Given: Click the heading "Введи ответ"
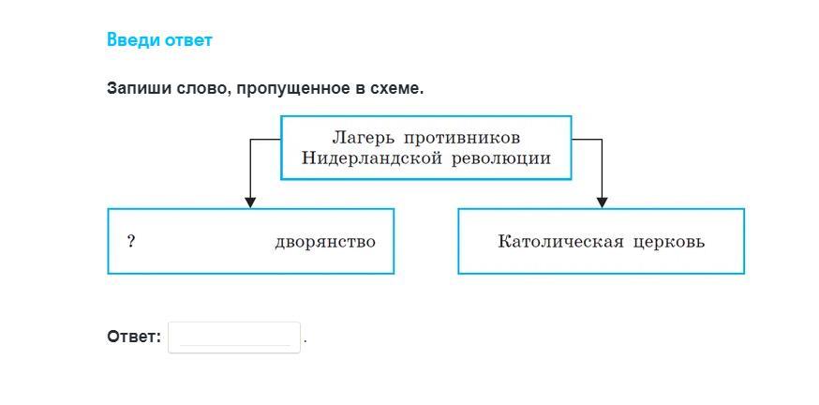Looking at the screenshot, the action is (x=160, y=40).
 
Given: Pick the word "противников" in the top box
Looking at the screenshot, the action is (x=462, y=139).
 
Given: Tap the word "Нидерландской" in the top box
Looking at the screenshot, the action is (x=370, y=157).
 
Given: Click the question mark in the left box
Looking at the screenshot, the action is (x=131, y=242).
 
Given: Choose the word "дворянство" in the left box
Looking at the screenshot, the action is (x=325, y=243).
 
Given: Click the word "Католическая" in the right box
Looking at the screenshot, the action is (x=560, y=242).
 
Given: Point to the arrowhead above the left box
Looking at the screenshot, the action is (x=250, y=202).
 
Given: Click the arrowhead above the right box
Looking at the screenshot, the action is (x=602, y=202).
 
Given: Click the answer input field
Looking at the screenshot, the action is (x=234, y=337).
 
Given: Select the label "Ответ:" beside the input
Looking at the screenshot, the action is (x=134, y=337).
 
